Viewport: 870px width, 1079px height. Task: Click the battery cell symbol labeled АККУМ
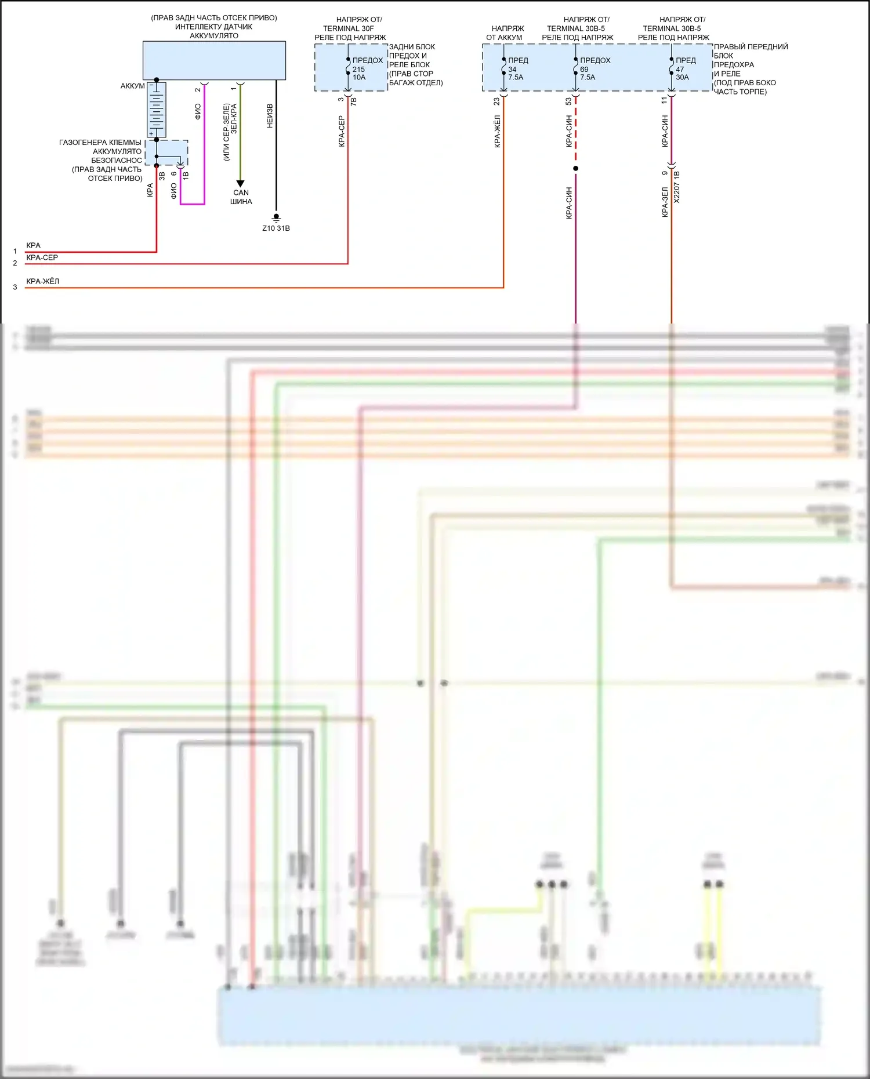[x=156, y=109]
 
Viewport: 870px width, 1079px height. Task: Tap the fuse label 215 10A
[x=359, y=73]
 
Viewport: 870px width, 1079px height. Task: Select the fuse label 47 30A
[x=682, y=73]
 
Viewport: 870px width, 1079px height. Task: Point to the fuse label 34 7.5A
[x=515, y=73]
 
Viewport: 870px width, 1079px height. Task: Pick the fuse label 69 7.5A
[x=587, y=73]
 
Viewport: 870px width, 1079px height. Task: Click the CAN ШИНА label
[x=241, y=197]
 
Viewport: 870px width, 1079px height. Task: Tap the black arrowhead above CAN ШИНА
[x=240, y=184]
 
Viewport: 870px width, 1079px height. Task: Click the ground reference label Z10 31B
[x=275, y=228]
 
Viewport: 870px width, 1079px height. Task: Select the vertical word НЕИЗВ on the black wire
[x=270, y=116]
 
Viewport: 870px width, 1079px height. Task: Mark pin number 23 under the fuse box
[x=496, y=101]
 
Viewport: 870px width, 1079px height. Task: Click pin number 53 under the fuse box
[x=568, y=101]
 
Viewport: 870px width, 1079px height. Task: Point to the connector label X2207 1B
[x=677, y=187]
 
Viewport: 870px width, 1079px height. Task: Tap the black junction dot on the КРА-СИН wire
[x=575, y=169]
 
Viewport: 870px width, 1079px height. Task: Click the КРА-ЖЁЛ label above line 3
[x=42, y=281]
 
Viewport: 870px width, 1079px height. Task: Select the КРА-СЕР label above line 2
[x=42, y=257]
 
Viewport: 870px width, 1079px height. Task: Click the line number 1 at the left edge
[x=15, y=252]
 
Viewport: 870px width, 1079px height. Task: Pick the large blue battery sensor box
[x=214, y=60]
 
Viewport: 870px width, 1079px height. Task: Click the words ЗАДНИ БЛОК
[x=412, y=47]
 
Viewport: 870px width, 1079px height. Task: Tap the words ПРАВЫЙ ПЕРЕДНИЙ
[x=751, y=47]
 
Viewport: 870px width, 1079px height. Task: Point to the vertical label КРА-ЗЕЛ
[x=665, y=202]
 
